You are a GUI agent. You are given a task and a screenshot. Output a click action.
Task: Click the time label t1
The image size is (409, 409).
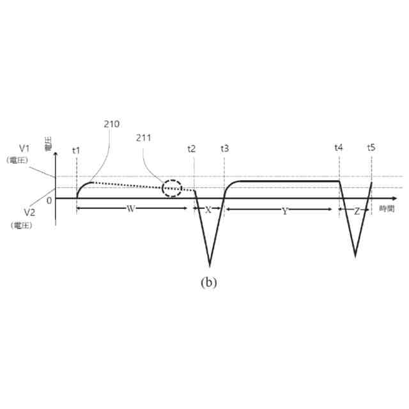pos(76,150)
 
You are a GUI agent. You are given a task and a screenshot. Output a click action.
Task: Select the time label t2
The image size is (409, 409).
pos(192,149)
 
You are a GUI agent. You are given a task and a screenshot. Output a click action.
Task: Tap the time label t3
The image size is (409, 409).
pos(224,149)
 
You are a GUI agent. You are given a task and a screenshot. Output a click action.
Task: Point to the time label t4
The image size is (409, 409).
pos(338,148)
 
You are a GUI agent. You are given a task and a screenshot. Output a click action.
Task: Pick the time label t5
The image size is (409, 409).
pos(371,148)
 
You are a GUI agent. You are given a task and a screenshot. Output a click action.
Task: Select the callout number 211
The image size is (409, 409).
pos(144,137)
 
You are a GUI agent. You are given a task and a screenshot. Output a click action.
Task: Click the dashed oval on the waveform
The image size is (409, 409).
pos(172,189)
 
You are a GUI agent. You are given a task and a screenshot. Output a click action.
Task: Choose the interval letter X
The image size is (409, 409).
pos(208,210)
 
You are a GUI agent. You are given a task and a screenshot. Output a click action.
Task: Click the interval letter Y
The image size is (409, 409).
pos(285,210)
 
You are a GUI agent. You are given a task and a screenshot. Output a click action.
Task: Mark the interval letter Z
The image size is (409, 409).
pos(356,210)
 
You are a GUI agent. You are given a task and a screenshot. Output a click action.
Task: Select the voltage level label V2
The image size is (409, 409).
pos(29,212)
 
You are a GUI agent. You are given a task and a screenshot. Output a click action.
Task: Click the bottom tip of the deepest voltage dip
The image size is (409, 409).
pos(210,265)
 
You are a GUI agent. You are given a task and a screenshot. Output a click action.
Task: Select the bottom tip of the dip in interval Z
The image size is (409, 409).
pos(355,256)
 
